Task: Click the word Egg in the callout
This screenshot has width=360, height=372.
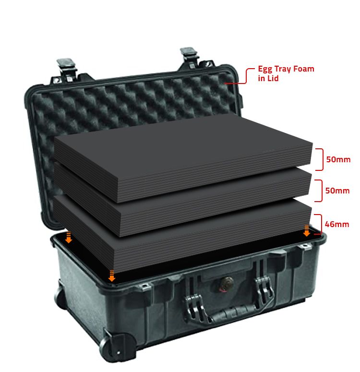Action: [x=265, y=69]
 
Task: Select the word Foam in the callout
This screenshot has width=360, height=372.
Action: [x=304, y=69]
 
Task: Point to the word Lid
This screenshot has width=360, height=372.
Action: [x=272, y=78]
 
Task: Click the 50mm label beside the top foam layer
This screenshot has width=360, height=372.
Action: [x=338, y=159]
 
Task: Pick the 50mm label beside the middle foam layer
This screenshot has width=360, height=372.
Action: [x=337, y=191]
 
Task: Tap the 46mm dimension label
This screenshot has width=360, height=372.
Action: [x=337, y=224]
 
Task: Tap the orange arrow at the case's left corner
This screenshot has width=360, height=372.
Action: [x=69, y=238]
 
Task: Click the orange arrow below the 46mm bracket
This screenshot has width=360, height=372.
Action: [x=307, y=230]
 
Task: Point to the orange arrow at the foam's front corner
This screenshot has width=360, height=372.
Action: [x=111, y=276]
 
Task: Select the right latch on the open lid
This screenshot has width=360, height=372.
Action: [x=190, y=57]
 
